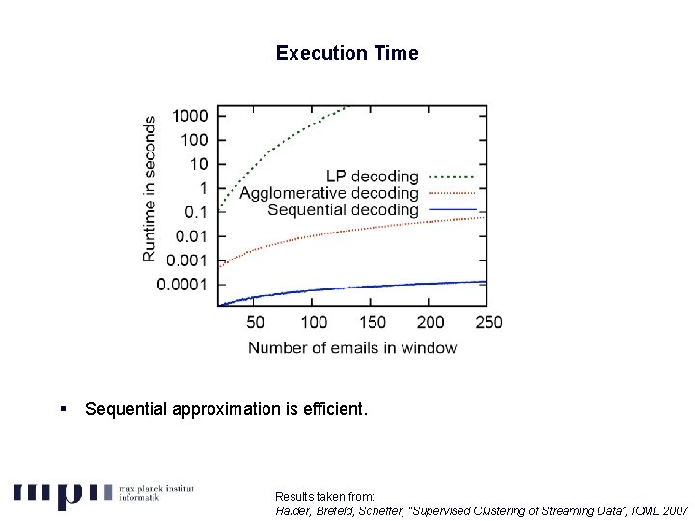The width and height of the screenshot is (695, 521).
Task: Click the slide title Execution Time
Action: pyautogui.click(x=347, y=53)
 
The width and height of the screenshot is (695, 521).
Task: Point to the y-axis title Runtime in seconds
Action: pyautogui.click(x=151, y=189)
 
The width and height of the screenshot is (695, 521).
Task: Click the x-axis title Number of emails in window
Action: pyautogui.click(x=352, y=347)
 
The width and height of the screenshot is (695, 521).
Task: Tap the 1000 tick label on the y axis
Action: pyautogui.click(x=189, y=116)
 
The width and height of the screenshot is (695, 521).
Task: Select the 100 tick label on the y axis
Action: pyautogui.click(x=193, y=140)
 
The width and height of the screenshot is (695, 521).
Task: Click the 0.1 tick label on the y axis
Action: pyautogui.click(x=196, y=212)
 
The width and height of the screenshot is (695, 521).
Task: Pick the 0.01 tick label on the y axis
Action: pyautogui.click(x=192, y=236)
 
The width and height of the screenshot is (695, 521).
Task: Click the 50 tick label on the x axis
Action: pyautogui.click(x=256, y=322)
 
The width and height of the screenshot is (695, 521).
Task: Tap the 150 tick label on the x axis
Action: pyautogui.click(x=373, y=322)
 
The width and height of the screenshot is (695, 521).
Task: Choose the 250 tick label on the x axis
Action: pyautogui.click(x=488, y=322)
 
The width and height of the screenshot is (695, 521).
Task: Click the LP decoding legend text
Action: pyautogui.click(x=372, y=177)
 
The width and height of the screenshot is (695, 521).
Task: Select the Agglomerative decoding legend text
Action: pyautogui.click(x=329, y=193)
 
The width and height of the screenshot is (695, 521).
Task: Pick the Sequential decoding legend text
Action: pyautogui.click(x=343, y=209)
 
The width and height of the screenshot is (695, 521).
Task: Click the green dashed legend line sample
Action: pyautogui.click(x=451, y=177)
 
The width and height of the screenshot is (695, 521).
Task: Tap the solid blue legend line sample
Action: pyautogui.click(x=451, y=209)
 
